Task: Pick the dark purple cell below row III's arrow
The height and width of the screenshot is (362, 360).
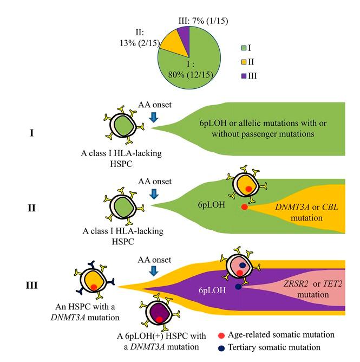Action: [x=160, y=313]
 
